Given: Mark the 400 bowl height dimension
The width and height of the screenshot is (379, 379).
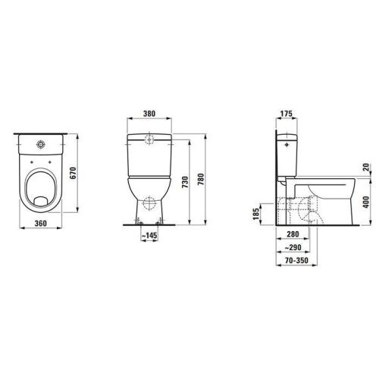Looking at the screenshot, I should click(x=365, y=202).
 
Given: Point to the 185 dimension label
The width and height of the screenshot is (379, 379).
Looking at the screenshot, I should click(x=255, y=217).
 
